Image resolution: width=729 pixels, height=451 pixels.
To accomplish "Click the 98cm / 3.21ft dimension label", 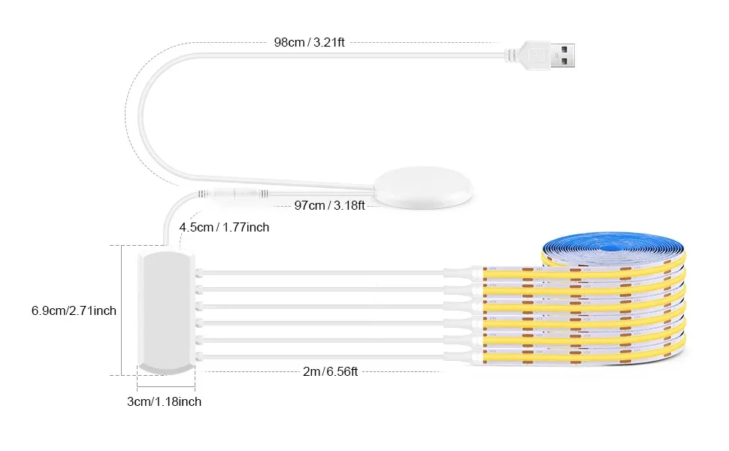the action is pyautogui.click(x=309, y=42).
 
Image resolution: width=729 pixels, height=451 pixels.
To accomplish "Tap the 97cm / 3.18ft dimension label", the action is pyautogui.click(x=329, y=205).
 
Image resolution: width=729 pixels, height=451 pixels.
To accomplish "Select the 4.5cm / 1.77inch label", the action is pyautogui.click(x=224, y=227).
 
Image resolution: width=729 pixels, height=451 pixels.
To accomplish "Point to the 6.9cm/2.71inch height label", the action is pyautogui.click(x=74, y=310).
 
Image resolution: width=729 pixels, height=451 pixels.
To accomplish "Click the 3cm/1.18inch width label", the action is pyautogui.click(x=164, y=401).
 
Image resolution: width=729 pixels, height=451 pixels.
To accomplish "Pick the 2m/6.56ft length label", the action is pyautogui.click(x=330, y=371).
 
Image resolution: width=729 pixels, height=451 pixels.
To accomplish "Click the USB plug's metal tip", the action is pyautogui.click(x=563, y=56).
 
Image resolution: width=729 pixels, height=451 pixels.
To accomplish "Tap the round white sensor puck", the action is pyautogui.click(x=423, y=187).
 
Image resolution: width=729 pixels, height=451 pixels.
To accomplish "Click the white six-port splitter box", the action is pyautogui.click(x=166, y=311).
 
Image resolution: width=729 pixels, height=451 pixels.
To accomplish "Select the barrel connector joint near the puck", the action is pyautogui.click(x=234, y=193).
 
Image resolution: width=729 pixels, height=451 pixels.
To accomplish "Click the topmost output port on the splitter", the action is pyautogui.click(x=199, y=273).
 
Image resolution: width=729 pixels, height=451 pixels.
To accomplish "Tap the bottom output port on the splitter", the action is pyautogui.click(x=199, y=356).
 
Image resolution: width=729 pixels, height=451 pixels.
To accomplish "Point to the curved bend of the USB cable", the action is pyautogui.click(x=140, y=117).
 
